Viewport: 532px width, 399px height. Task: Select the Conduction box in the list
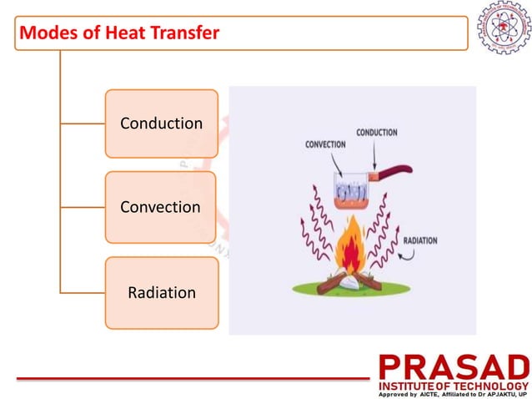pyautogui.click(x=161, y=124)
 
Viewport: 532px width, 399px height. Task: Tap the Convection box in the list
pyautogui.click(x=160, y=207)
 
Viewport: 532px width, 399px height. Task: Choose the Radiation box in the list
pyautogui.click(x=161, y=293)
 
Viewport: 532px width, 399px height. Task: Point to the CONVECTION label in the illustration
pyautogui.click(x=325, y=144)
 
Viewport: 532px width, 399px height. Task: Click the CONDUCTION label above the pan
pyautogui.click(x=376, y=132)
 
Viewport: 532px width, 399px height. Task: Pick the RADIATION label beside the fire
pyautogui.click(x=420, y=240)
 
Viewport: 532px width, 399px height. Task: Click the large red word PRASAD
pyautogui.click(x=453, y=368)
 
